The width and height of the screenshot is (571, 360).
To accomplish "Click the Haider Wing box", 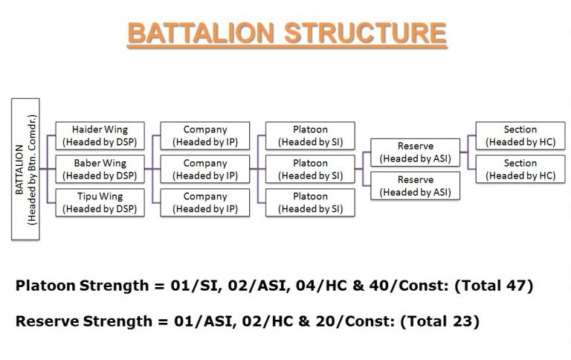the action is coord(100,135).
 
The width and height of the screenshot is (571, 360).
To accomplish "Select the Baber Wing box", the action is coord(100,169).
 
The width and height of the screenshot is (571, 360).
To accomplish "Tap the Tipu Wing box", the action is coord(100,202).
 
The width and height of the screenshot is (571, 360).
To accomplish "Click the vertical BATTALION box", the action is coord(25,169).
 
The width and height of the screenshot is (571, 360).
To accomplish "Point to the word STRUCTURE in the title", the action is coord(365,33).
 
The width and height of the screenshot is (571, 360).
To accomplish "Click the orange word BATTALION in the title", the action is coord(201,33).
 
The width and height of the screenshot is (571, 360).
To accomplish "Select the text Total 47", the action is coord(494,286).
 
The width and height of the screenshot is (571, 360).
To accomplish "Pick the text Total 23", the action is coord(440,321).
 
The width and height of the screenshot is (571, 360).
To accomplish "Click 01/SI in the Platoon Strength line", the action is coord(196,286).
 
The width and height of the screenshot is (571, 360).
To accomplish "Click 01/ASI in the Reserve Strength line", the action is coord(204,321).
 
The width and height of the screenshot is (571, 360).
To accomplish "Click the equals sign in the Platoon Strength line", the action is coord(159,286).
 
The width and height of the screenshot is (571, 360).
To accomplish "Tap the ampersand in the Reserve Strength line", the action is coord(304,321).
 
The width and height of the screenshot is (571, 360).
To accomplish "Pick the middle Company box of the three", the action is coord(205,169).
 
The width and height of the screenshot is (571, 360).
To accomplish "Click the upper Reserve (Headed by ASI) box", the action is coord(415,152).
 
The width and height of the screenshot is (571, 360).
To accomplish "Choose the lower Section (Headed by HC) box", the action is coord(520,169).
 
